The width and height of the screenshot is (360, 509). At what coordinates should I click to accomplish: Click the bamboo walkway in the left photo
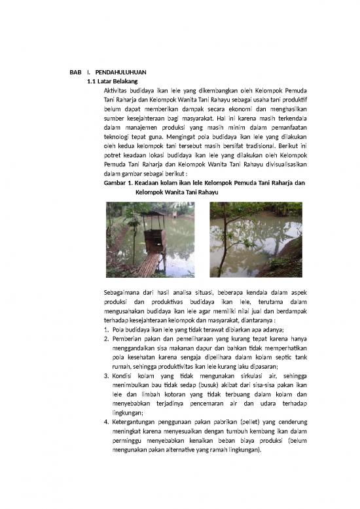(149, 264)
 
